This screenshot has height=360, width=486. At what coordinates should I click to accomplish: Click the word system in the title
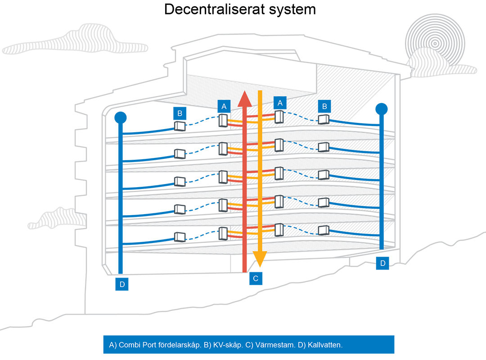(x=293, y=10)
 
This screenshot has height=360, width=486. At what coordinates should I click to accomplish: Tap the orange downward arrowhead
(x=260, y=258)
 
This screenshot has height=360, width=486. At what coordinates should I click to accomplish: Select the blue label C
(x=256, y=279)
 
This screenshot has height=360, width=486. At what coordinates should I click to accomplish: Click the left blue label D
(x=121, y=284)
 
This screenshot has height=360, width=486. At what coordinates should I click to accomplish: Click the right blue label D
(x=382, y=264)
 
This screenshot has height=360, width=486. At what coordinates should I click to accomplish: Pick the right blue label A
(x=280, y=103)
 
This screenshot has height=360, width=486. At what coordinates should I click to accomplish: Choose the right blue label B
(x=324, y=106)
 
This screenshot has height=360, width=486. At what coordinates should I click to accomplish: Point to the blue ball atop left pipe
(x=120, y=118)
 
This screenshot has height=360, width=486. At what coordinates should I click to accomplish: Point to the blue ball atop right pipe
(x=382, y=109)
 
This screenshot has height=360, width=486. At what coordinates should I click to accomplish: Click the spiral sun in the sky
(x=434, y=43)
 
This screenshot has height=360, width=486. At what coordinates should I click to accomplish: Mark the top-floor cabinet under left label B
(x=180, y=126)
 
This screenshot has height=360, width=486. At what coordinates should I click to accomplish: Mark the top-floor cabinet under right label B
(x=324, y=120)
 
